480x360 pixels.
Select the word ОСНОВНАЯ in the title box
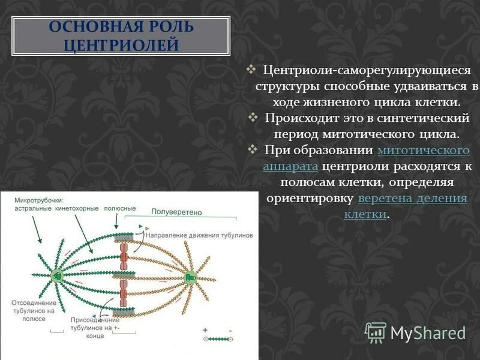[88, 28]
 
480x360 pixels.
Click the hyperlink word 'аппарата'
[290, 166]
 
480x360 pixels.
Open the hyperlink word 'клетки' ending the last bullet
[365, 214]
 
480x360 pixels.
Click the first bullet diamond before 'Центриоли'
[253, 70]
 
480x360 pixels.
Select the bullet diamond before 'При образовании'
[253, 148]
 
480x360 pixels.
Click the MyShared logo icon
[375, 332]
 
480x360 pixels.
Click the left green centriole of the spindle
[58, 276]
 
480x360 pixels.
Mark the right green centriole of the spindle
[190, 277]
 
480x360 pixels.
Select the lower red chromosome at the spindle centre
[123, 296]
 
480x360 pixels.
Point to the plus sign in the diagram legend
[205, 329]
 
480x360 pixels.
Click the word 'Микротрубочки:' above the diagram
[39, 200]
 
